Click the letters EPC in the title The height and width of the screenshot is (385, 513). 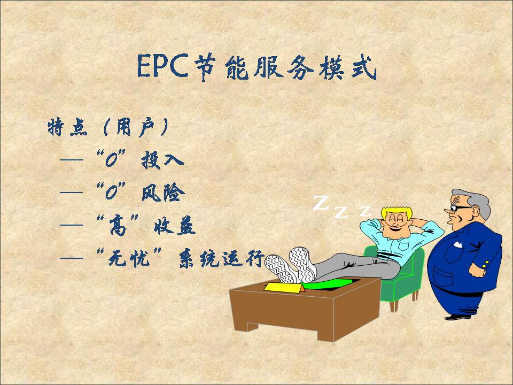[x=162, y=66]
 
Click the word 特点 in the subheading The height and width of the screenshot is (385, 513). [x=68, y=127]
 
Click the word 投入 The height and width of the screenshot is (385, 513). [x=162, y=160]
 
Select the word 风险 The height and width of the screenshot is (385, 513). [x=164, y=193]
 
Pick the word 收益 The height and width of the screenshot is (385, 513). [x=175, y=226]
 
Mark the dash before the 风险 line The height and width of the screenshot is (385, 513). [x=71, y=192]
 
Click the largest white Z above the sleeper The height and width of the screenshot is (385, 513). [x=321, y=203]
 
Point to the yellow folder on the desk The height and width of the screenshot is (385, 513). [x=283, y=288]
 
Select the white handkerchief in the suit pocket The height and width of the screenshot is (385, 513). [x=457, y=244]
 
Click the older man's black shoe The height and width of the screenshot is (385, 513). [x=457, y=317]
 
